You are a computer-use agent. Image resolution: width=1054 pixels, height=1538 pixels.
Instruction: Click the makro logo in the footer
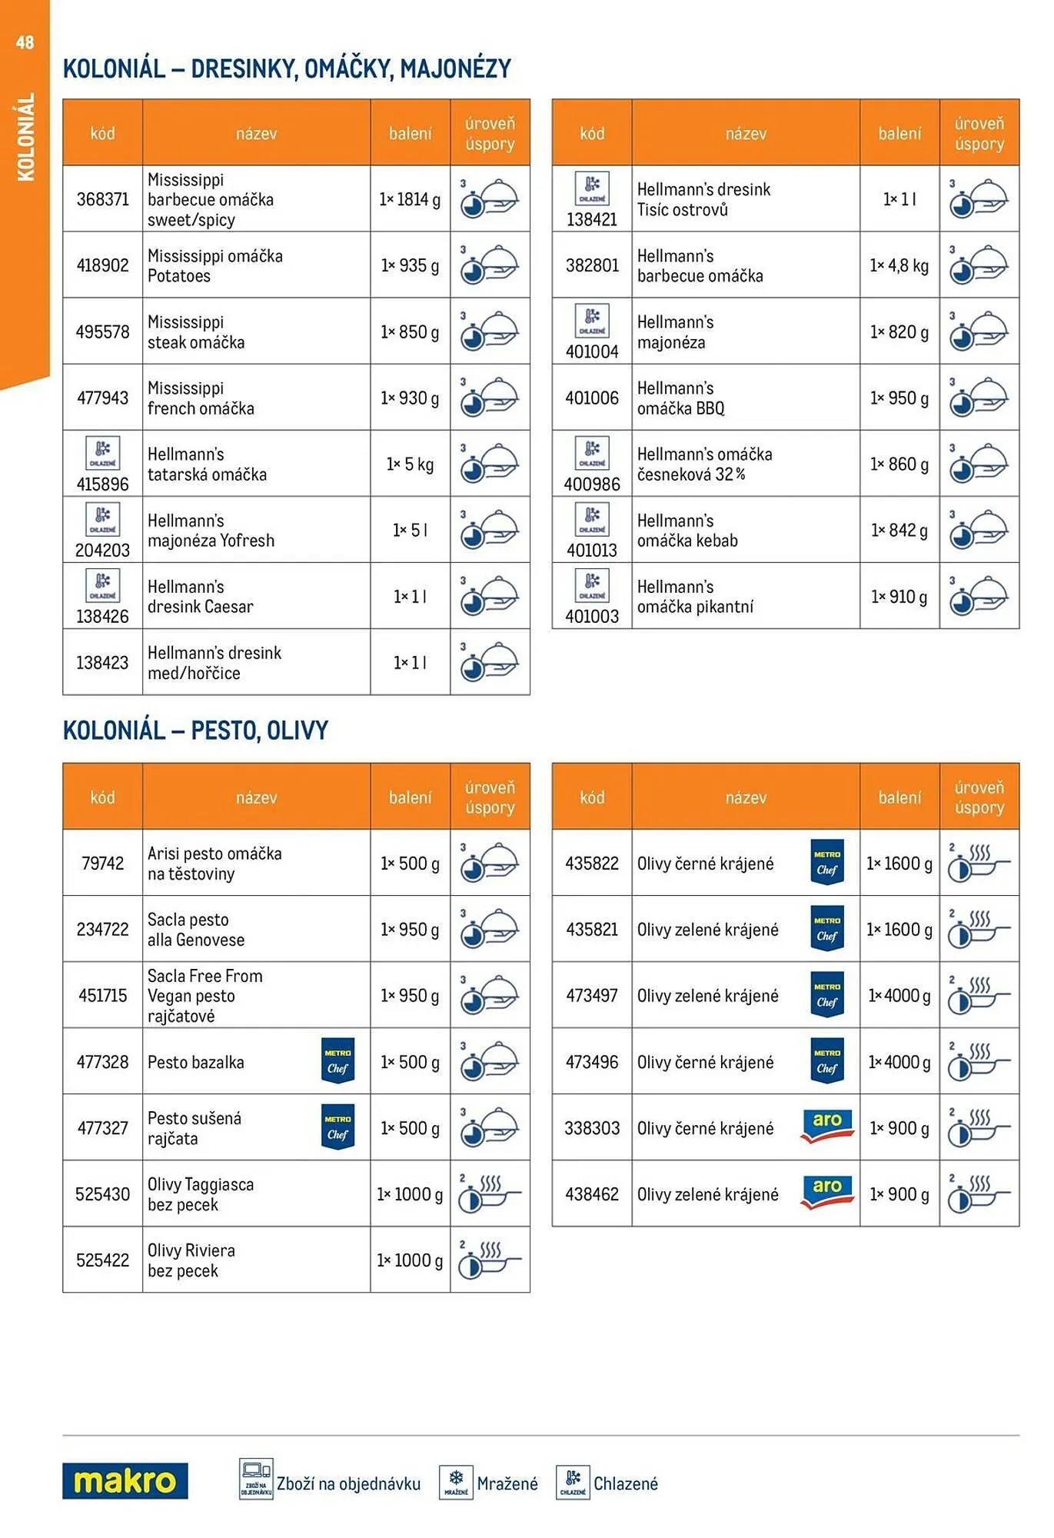click(x=125, y=1480)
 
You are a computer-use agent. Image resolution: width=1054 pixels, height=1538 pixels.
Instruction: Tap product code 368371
click(x=102, y=199)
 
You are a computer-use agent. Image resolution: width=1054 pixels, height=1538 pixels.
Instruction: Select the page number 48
click(x=25, y=42)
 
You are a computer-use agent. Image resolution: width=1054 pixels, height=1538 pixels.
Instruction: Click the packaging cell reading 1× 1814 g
click(x=410, y=199)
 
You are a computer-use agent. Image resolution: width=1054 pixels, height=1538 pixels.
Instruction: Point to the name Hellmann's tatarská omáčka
click(x=207, y=464)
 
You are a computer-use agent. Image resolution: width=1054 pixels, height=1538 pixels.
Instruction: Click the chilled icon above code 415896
click(x=102, y=454)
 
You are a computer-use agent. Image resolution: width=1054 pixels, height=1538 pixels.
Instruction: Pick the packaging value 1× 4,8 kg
click(x=899, y=265)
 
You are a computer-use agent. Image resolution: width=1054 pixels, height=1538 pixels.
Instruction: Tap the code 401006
click(x=591, y=398)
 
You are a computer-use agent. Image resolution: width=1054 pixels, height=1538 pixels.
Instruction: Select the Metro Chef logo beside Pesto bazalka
click(x=337, y=1061)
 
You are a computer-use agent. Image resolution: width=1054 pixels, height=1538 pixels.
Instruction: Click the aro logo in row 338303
click(x=826, y=1126)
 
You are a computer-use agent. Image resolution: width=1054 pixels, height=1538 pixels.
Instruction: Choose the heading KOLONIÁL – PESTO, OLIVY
click(x=195, y=730)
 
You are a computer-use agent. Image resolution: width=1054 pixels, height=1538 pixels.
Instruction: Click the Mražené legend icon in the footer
click(x=456, y=1482)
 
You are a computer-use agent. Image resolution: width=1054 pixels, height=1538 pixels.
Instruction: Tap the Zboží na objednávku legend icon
click(x=256, y=1479)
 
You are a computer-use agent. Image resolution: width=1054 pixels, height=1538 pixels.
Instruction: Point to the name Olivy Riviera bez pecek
click(x=191, y=1260)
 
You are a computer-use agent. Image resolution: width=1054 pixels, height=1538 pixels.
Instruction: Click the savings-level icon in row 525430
click(x=489, y=1193)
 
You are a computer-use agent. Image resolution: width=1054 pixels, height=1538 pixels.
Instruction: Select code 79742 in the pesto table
click(x=102, y=863)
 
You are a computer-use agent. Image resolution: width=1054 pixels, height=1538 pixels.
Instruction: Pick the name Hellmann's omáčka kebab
click(x=687, y=531)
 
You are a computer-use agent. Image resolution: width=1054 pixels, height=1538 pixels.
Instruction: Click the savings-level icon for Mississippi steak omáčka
click(x=489, y=331)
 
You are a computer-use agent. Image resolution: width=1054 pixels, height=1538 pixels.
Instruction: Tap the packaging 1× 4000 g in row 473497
click(x=899, y=995)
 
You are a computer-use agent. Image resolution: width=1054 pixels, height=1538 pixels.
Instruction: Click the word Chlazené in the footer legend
click(x=625, y=1483)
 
